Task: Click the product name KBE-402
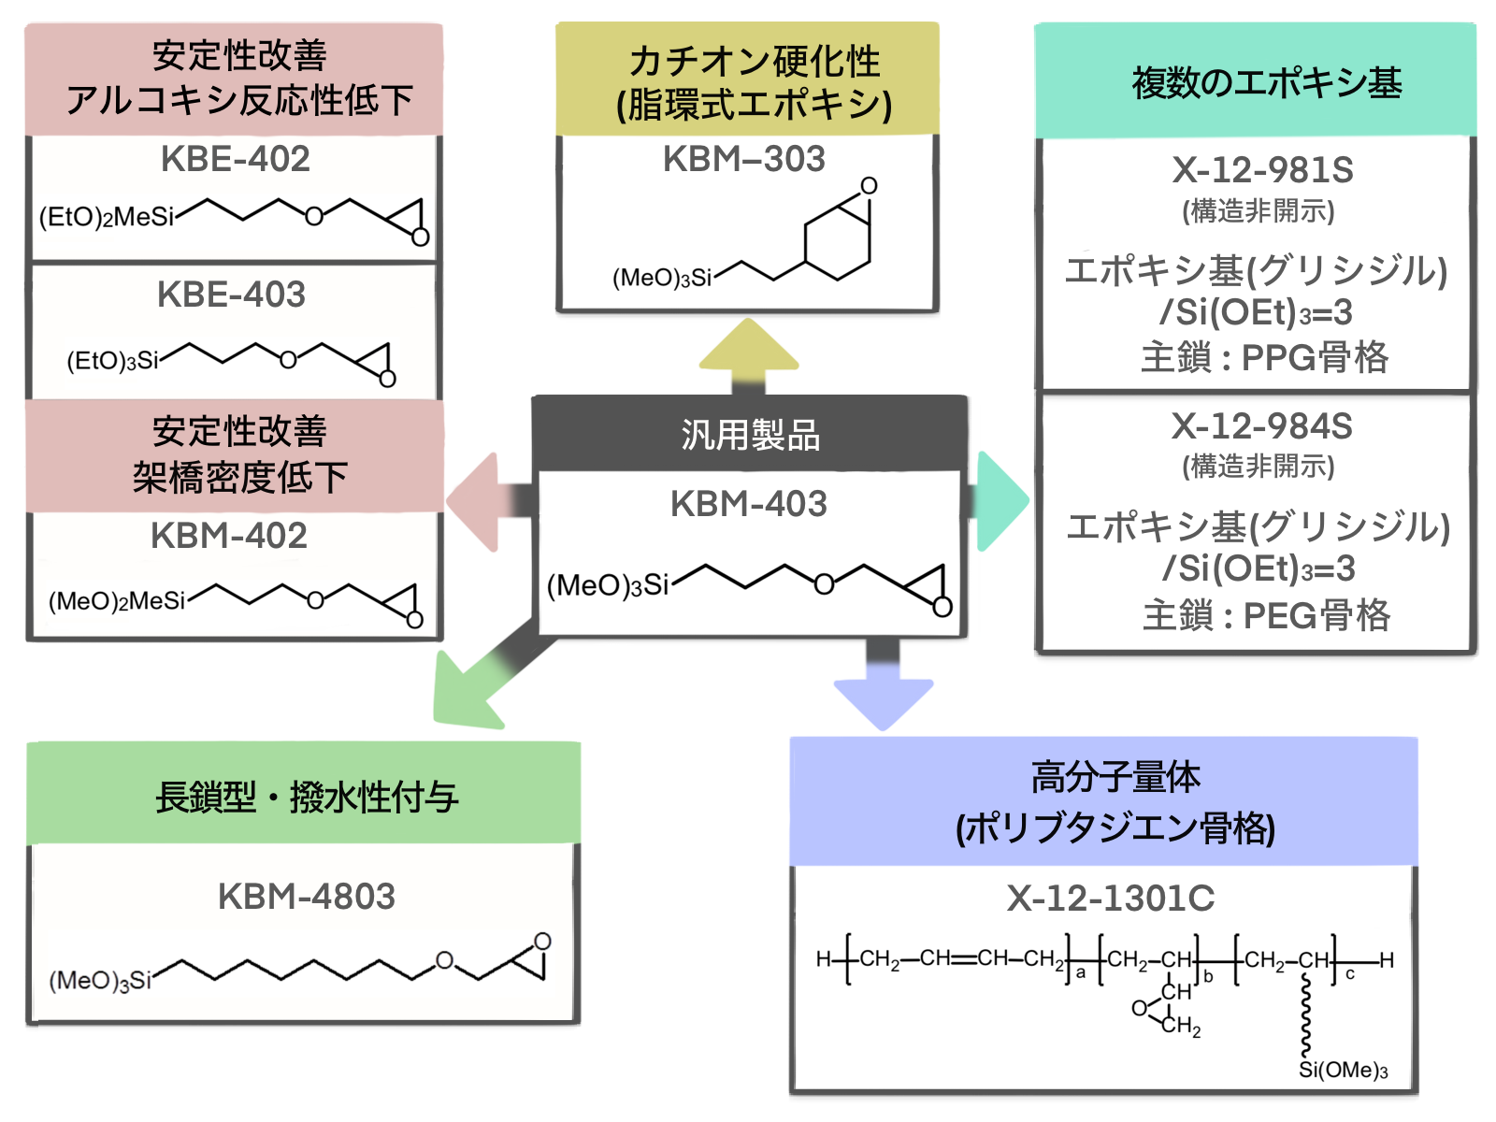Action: (235, 159)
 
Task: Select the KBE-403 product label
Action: (231, 295)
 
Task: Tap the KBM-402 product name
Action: (229, 536)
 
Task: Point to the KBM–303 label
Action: (744, 159)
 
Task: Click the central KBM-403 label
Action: (749, 504)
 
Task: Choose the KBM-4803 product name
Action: (307, 896)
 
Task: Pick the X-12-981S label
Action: (1262, 170)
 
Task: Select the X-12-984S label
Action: (1262, 426)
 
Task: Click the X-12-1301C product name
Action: (1111, 899)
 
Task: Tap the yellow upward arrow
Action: (748, 356)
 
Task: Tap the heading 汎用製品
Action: (750, 435)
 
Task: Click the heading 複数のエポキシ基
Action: (1267, 82)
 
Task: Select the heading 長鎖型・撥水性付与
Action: (307, 798)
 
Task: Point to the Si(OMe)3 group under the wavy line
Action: (1343, 1071)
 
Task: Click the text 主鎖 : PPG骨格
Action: (1265, 357)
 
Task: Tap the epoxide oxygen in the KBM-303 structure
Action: (869, 185)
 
